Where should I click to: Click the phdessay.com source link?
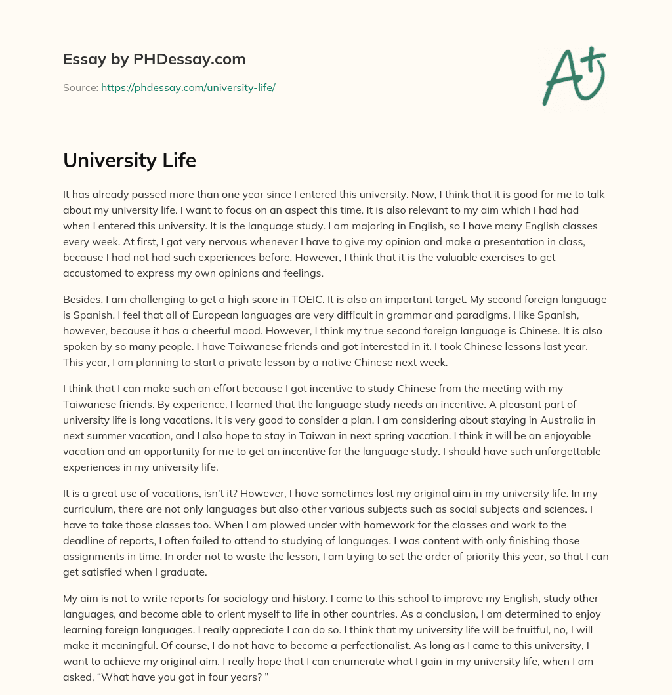coord(188,87)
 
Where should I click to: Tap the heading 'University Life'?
coord(129,160)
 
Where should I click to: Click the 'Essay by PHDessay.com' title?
coord(154,60)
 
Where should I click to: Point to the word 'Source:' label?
coord(80,87)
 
